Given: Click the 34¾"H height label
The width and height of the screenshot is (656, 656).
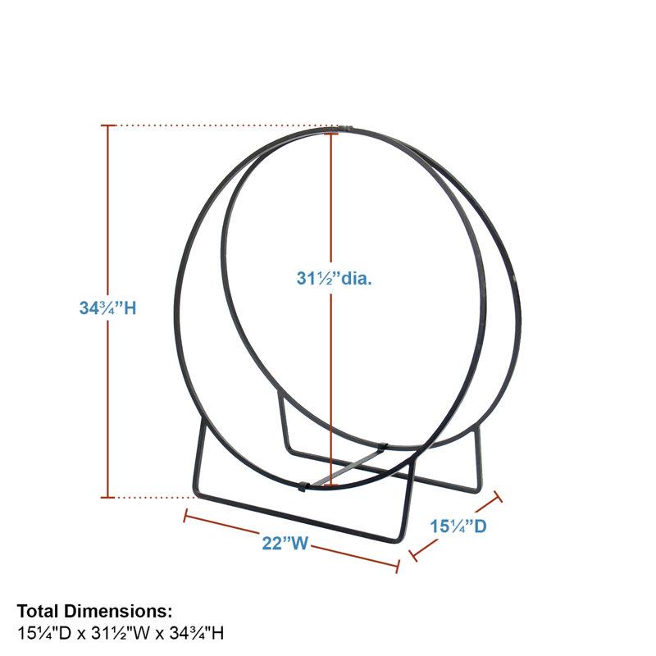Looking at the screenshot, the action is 108,308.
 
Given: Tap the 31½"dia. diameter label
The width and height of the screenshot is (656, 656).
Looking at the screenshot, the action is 334,278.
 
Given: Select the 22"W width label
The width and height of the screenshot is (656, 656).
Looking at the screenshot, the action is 285,543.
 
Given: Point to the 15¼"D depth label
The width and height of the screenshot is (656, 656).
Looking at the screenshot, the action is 458,526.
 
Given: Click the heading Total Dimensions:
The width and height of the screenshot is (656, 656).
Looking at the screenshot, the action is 94,611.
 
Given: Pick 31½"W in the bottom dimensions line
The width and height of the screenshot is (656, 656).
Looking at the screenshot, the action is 121,633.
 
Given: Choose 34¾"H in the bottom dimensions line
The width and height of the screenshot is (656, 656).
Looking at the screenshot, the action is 197,633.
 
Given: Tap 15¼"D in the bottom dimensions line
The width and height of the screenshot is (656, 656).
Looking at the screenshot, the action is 44,633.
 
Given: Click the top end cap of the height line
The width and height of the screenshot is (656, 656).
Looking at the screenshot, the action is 108,125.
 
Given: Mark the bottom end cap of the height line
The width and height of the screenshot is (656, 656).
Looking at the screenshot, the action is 108,498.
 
